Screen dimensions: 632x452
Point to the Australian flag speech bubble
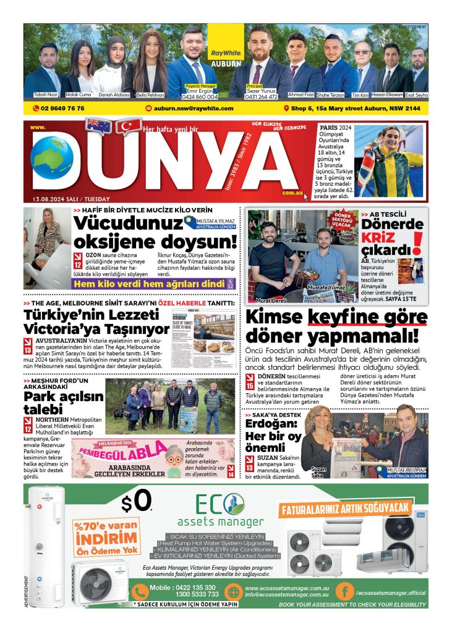pos(98,126)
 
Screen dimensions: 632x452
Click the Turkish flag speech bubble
pos(127,127)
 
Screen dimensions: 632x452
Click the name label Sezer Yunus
pos(263,90)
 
